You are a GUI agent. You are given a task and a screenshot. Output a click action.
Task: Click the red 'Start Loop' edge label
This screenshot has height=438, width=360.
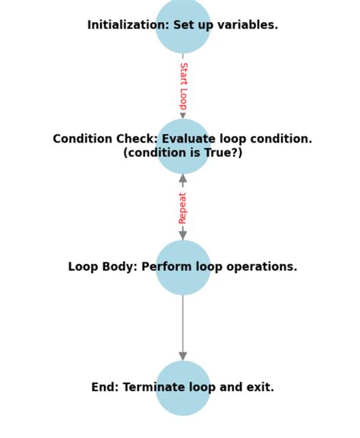coord(183,85)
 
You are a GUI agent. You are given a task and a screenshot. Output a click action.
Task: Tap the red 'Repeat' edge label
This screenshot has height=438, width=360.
coord(183,207)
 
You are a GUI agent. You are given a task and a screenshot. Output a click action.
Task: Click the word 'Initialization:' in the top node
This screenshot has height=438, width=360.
coord(122,25)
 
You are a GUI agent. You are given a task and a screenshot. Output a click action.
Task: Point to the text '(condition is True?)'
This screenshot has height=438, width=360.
coord(183,153)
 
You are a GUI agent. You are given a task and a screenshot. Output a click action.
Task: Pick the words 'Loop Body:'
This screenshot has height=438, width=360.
coord(103,267)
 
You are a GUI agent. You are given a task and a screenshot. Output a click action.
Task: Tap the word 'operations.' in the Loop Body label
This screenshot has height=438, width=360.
coord(265,267)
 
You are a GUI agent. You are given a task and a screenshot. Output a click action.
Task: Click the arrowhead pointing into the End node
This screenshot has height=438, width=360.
coord(183,356)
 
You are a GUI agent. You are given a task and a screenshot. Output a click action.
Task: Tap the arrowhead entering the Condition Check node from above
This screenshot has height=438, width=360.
coord(183,115)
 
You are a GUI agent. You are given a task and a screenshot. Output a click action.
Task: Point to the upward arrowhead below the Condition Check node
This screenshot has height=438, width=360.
coord(183,179)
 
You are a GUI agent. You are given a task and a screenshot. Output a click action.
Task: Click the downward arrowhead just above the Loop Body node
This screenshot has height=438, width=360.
coord(183,235)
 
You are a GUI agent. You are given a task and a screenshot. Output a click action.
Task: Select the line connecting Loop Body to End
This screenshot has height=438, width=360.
coord(183,323)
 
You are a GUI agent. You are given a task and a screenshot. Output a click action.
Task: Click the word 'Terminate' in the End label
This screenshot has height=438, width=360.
coord(152,387)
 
